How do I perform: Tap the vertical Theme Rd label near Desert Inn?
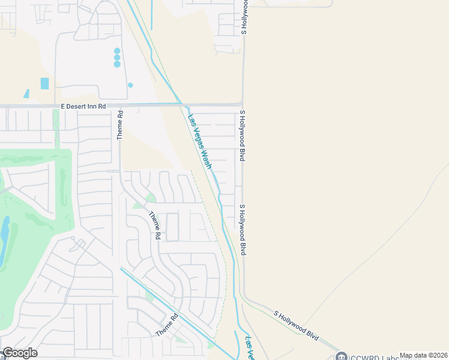(120, 125)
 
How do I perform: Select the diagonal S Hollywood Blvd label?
(296, 323)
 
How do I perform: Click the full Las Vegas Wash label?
(200, 141)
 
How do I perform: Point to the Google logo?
(19, 353)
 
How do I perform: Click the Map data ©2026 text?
(423, 355)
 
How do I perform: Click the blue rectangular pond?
(44, 83)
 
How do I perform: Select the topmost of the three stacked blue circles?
(117, 51)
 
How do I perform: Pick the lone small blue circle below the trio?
(130, 85)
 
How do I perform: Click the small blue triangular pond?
(26, 94)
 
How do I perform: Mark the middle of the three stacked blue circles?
(117, 58)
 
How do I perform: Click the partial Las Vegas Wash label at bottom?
(250, 349)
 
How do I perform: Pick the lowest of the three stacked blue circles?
(117, 64)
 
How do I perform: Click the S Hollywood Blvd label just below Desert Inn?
(243, 136)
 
